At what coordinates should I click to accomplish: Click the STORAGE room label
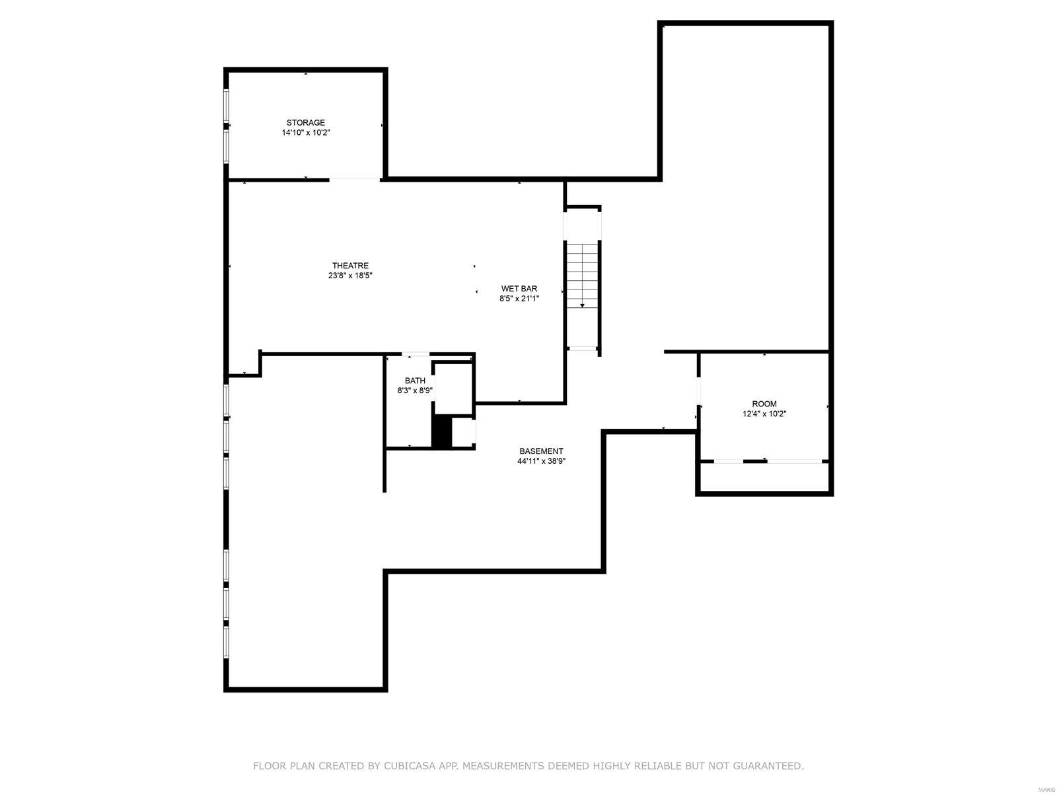[305, 122]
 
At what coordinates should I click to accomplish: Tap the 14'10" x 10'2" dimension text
[305, 133]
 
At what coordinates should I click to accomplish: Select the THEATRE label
[350, 266]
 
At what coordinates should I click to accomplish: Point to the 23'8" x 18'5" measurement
[350, 276]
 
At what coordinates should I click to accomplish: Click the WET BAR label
[519, 288]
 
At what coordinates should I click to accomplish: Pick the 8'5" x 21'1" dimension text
[519, 299]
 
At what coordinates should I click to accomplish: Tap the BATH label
[415, 381]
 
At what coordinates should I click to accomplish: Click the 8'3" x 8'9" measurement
[415, 391]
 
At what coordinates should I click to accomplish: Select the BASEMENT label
[541, 451]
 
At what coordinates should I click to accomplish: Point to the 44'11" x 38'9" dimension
[541, 462]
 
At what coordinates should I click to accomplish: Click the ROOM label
[764, 404]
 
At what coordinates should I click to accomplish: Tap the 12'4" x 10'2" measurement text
[764, 414]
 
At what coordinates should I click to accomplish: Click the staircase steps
[582, 271]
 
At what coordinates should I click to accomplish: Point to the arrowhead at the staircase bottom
[582, 305]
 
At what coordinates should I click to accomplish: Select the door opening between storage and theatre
[355, 179]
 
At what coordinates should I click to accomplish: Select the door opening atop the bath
[416, 355]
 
